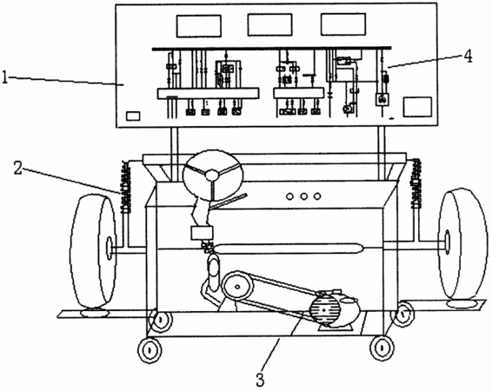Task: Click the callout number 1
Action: click(4, 77)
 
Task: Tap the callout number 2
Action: click(18, 168)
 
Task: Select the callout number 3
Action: click(260, 380)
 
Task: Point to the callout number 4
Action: click(468, 56)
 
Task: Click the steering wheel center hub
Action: click(213, 174)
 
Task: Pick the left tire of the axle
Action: click(92, 251)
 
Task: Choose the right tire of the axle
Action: click(462, 244)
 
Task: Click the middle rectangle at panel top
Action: click(269, 25)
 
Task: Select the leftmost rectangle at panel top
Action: click(198, 26)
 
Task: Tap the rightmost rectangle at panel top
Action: click(343, 24)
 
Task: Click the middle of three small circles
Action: click(303, 196)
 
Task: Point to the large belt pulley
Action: click(237, 286)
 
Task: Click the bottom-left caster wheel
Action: click(150, 349)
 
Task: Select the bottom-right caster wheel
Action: click(382, 348)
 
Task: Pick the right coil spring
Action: click(416, 183)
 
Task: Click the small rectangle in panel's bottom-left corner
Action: click(133, 116)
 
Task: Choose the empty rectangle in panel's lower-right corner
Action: click(417, 107)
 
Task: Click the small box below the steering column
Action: click(202, 233)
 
